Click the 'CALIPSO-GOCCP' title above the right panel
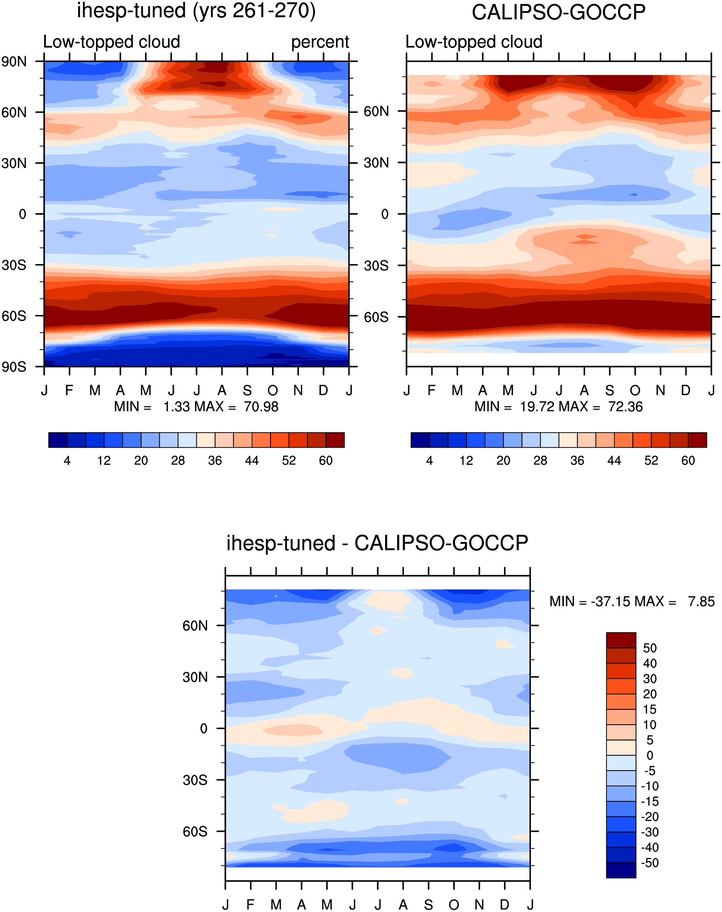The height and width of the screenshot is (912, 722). pyautogui.click(x=558, y=12)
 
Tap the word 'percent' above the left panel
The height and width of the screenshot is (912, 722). pyautogui.click(x=320, y=42)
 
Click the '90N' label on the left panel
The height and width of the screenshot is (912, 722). pyautogui.click(x=14, y=62)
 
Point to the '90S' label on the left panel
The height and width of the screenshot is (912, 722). pyautogui.click(x=14, y=366)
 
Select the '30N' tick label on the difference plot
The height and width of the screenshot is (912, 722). pyautogui.click(x=195, y=677)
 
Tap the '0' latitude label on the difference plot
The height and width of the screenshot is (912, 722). pyautogui.click(x=203, y=729)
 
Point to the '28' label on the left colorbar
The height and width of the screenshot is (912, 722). pyautogui.click(x=178, y=461)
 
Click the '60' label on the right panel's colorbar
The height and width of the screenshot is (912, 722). pyautogui.click(x=688, y=461)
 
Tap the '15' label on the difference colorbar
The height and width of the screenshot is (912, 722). pyautogui.click(x=650, y=710)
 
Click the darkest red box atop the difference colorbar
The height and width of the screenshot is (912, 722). pyautogui.click(x=621, y=641)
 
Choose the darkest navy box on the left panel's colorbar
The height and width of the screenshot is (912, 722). pyautogui.click(x=58, y=440)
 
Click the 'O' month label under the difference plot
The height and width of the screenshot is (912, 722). pyautogui.click(x=454, y=905)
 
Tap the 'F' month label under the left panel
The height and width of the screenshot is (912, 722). pyautogui.click(x=69, y=390)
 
